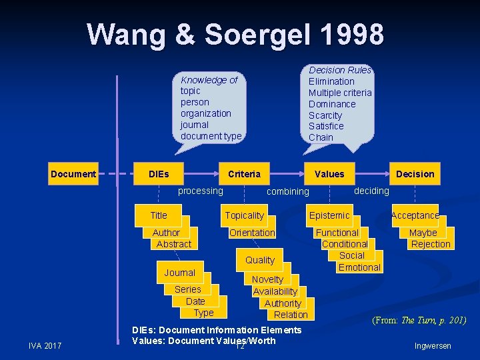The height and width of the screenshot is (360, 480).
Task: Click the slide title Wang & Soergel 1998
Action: [x=235, y=34]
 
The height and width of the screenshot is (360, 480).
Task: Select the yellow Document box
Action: [x=73, y=174]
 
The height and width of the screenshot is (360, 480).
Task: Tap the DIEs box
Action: [x=159, y=174]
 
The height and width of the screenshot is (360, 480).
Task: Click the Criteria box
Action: [x=244, y=174]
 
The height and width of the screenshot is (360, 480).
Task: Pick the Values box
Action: [x=329, y=174]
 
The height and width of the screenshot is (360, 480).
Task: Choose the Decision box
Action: [x=415, y=174]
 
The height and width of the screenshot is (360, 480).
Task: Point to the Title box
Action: [x=159, y=215]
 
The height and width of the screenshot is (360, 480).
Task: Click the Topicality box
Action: [x=244, y=215]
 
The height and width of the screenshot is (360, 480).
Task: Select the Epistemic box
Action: [x=329, y=215]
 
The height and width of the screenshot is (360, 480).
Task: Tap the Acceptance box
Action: [x=415, y=215]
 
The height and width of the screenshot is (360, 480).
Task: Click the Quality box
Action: [x=260, y=260]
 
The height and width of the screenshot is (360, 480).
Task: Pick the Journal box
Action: [x=180, y=273]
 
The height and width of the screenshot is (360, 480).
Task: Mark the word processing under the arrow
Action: [x=201, y=191]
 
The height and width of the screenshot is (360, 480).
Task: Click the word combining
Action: [x=287, y=192]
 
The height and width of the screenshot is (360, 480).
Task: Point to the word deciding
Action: [x=371, y=191]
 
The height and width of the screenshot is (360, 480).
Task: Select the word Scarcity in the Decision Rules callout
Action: [x=325, y=115]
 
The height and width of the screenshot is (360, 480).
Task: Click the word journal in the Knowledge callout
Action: [x=194, y=125]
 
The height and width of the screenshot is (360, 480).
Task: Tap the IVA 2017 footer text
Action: [x=45, y=345]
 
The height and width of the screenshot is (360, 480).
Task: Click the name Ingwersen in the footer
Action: [x=433, y=346]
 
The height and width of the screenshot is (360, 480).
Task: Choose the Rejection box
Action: [x=431, y=244]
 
